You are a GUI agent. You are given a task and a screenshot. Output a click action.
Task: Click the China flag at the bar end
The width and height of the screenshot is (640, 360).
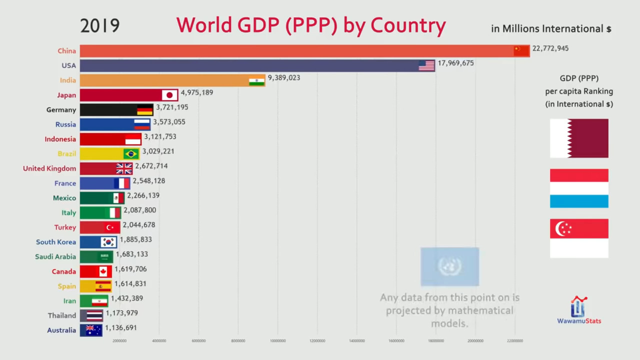(521, 50)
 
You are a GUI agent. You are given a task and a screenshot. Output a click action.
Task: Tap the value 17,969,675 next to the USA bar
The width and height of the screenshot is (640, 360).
(455, 63)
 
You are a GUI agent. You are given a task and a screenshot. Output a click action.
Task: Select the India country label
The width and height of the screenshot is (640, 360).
(67, 80)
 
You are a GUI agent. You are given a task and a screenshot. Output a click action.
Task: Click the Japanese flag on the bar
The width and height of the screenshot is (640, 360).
(169, 95)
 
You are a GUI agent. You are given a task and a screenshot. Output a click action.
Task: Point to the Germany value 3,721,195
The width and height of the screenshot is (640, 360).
(172, 107)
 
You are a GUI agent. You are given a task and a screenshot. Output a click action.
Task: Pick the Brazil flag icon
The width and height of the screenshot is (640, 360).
(131, 153)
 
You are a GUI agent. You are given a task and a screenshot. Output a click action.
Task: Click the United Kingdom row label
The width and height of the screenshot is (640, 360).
(49, 168)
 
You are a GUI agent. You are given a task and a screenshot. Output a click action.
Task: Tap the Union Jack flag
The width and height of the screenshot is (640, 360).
(124, 168)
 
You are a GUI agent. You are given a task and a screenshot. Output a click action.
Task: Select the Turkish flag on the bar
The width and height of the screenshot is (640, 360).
(112, 227)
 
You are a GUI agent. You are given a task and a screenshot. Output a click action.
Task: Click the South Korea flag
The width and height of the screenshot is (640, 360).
(108, 242)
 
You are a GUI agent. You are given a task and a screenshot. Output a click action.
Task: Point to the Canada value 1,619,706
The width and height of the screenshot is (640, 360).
(130, 269)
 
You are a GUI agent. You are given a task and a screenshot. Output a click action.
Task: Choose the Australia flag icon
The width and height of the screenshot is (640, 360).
(93, 330)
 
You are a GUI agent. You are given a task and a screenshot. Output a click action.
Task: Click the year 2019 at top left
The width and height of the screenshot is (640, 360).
(99, 25)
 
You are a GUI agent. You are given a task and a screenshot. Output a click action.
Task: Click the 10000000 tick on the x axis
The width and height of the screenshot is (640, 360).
(277, 341)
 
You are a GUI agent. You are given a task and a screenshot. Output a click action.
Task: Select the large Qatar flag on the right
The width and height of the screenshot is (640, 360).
(579, 138)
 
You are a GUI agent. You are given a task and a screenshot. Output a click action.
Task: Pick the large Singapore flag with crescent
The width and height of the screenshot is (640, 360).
(579, 238)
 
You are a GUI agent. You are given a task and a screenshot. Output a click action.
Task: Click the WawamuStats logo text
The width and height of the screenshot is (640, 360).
(579, 321)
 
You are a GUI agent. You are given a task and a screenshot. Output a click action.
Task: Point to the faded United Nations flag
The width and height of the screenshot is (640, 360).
(449, 266)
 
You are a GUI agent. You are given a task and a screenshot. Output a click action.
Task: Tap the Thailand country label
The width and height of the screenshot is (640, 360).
(62, 315)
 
